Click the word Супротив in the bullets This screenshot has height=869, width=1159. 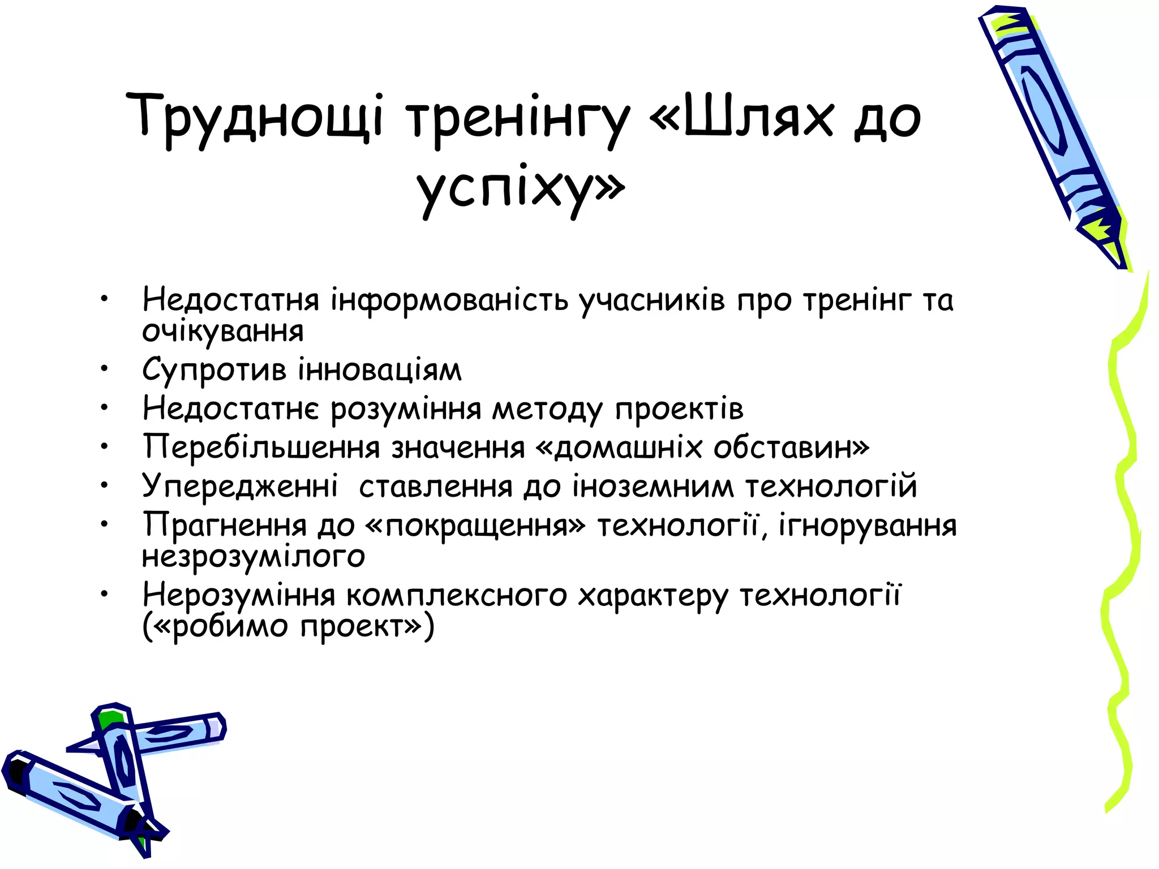(x=214, y=371)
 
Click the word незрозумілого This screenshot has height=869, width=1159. (x=254, y=556)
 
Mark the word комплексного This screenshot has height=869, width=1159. (x=456, y=595)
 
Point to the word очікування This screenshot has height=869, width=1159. (x=223, y=332)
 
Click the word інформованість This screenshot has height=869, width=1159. (x=449, y=300)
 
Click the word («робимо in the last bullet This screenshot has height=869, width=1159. (x=216, y=627)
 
